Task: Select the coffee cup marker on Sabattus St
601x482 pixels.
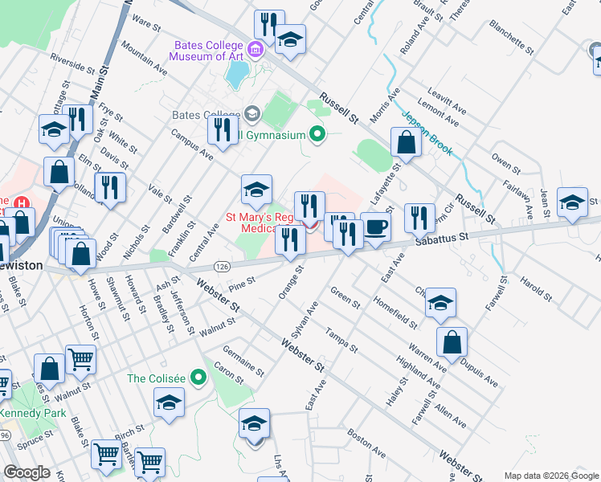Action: [x=375, y=227]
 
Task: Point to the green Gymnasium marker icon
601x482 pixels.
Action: [x=317, y=134]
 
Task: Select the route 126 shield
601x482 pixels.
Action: [x=223, y=265]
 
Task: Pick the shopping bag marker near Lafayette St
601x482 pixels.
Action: [x=407, y=142]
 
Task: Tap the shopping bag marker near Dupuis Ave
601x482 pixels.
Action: [x=452, y=341]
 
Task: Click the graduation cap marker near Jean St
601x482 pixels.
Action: [x=572, y=202]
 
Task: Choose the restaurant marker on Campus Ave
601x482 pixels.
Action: [x=222, y=129]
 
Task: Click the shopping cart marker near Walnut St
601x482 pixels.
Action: [x=80, y=359]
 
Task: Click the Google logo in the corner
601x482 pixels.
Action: [x=27, y=472]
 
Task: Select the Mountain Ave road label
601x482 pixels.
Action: [x=145, y=66]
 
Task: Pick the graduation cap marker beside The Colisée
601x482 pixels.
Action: [x=170, y=402]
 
